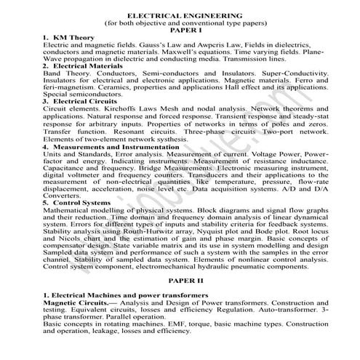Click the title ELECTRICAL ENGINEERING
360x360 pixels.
180,15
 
